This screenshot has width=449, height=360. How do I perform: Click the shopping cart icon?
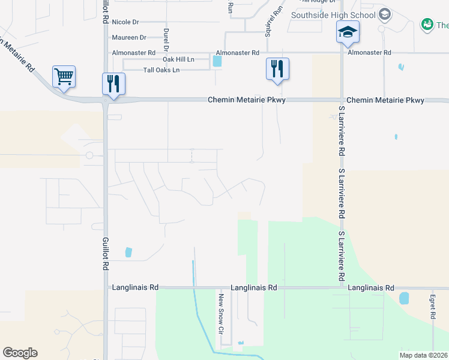[x=64, y=76]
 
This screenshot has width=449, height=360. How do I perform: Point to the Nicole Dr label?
[x=125, y=22]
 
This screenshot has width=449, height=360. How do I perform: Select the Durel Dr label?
[x=166, y=38]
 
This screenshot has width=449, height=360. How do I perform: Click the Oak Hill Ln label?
[x=178, y=59]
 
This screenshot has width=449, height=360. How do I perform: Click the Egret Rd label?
[x=432, y=306]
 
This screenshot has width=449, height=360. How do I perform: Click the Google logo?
[x=20, y=353]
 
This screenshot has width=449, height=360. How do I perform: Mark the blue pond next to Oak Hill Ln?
[x=217, y=61]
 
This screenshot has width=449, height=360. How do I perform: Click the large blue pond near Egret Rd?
[x=404, y=298]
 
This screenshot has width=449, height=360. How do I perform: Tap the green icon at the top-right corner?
[x=427, y=25]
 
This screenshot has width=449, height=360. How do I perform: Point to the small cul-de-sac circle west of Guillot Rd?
[x=89, y=155]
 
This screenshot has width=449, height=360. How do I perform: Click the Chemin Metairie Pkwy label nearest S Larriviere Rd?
[x=385, y=100]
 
